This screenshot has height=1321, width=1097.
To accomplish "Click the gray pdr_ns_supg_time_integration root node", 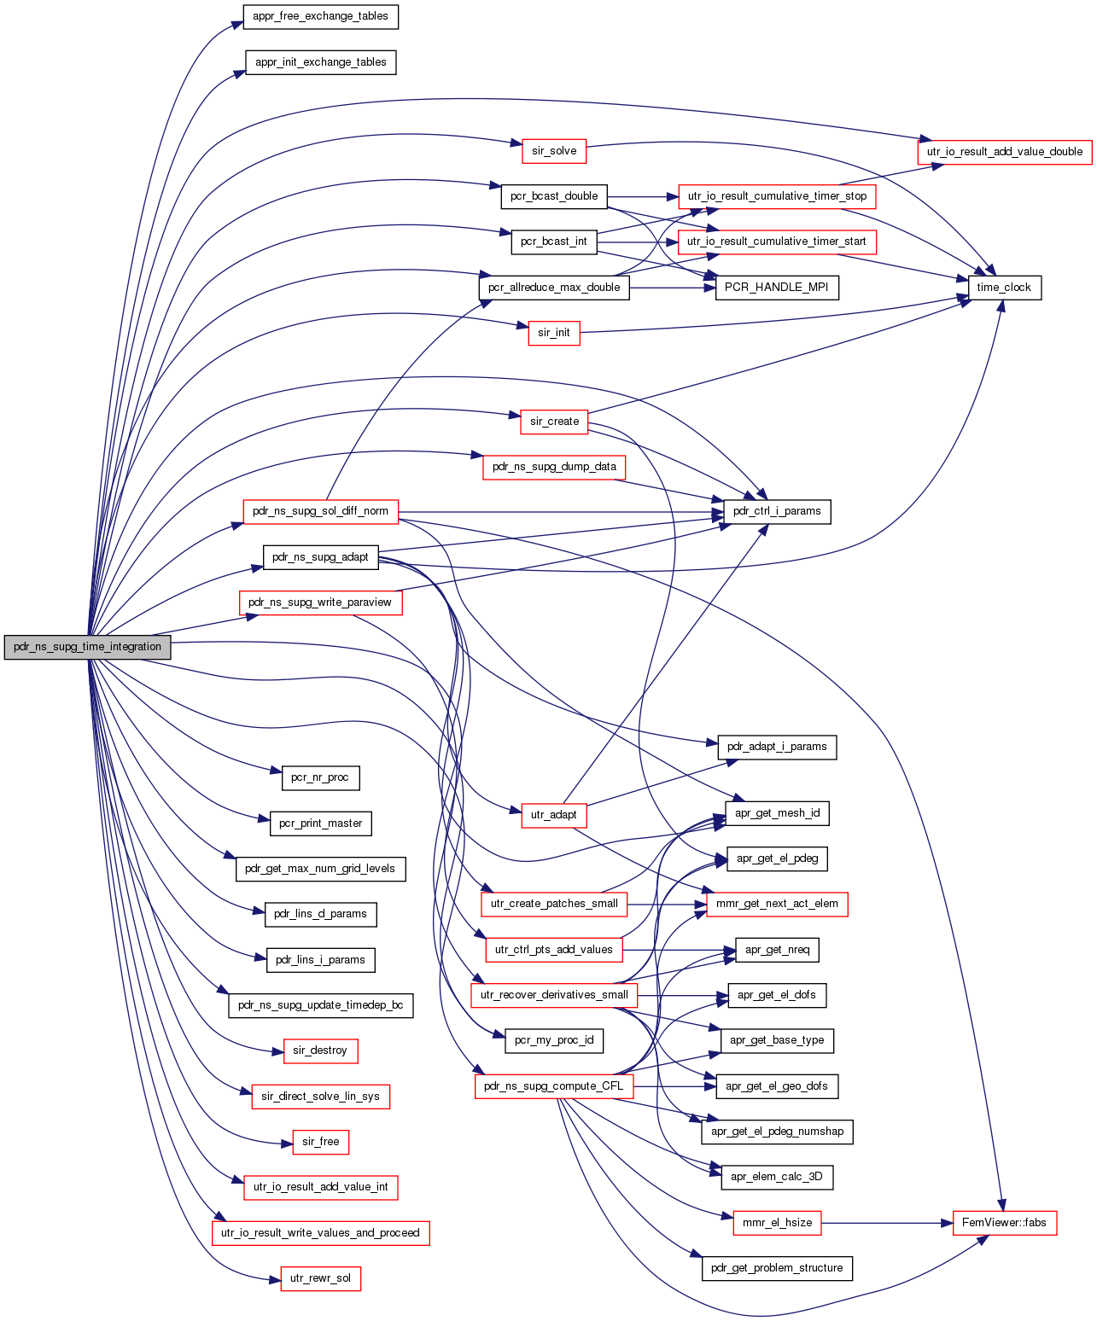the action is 87,647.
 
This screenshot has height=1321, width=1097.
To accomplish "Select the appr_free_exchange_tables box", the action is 320,16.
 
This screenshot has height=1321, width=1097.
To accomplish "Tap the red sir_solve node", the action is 554,151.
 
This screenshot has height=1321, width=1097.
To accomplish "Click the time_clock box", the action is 1004,288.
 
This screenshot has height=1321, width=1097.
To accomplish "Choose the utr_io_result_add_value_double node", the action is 1005,152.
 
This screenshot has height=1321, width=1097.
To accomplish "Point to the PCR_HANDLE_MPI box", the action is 777,288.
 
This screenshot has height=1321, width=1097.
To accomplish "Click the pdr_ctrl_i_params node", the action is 777,512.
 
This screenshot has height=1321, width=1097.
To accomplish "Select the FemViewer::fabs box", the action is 1004,1223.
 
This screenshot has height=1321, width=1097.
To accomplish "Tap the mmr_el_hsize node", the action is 777,1223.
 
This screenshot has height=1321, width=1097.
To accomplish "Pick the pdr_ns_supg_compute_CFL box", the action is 554,1086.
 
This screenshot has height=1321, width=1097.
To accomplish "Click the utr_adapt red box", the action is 554,815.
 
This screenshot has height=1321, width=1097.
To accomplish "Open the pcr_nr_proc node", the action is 320,778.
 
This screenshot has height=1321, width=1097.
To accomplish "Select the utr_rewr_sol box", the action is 320,1278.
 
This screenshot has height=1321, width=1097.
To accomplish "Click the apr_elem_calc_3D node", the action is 777,1178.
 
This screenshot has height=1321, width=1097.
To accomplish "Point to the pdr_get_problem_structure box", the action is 777,1268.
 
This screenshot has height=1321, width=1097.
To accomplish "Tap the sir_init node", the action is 554,334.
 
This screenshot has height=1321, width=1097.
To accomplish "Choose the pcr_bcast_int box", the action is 554,242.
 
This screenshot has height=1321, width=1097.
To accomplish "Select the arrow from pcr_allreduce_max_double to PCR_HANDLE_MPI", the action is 672,288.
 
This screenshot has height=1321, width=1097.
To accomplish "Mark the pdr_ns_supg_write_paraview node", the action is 320,603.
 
